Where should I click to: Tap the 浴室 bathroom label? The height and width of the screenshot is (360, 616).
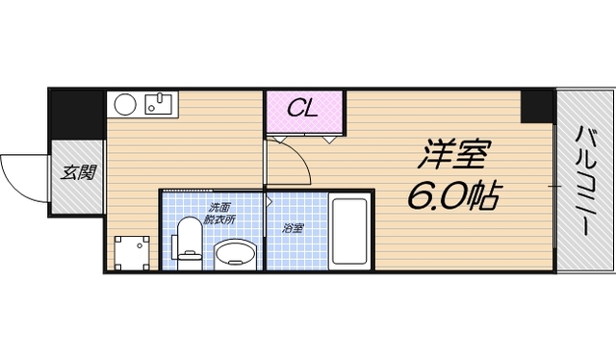click(293, 228)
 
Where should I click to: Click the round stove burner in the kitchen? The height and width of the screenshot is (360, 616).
click(124, 104)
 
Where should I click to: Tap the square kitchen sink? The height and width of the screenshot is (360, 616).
click(158, 103)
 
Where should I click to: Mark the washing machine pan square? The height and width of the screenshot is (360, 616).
click(132, 252)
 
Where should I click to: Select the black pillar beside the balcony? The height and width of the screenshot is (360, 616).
click(537, 107)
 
